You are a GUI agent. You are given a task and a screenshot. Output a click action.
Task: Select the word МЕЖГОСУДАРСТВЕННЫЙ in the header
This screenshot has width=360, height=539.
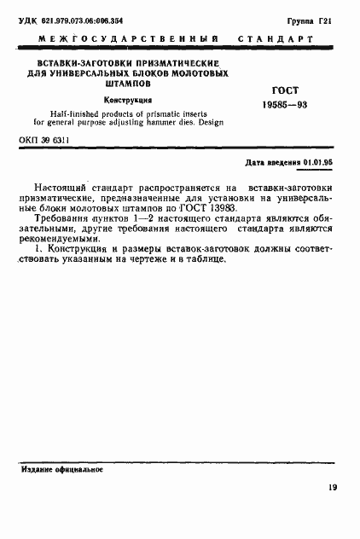[126, 40]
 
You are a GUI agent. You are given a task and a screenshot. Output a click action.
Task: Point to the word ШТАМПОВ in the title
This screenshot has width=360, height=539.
[127, 85]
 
